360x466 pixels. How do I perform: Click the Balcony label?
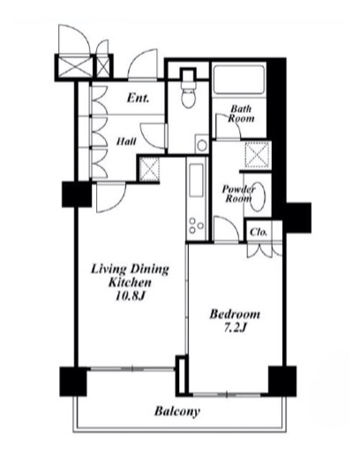pos(177,412)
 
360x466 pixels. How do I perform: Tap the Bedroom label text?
pos(235,314)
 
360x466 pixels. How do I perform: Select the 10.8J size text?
pos(130,297)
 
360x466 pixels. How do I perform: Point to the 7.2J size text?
pos(235,327)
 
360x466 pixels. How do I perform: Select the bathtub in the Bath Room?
pos(239,79)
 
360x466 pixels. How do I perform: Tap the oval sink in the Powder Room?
pos(257,197)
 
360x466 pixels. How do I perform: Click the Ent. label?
pos(138,98)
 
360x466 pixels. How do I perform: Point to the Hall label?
pos(126,141)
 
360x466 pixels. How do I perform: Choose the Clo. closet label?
pos(259,232)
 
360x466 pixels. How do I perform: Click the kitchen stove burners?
pos(196,226)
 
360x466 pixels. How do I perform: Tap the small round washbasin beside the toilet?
pos(202,146)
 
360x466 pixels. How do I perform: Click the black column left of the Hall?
pos(77,194)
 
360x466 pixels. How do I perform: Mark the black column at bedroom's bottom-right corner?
pos(282,381)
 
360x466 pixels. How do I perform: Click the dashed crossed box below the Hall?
pos(149,169)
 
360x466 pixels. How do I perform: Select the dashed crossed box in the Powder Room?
pos(258,153)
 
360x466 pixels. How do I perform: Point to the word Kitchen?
pos(130,282)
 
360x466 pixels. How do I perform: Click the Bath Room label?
pos(241,114)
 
